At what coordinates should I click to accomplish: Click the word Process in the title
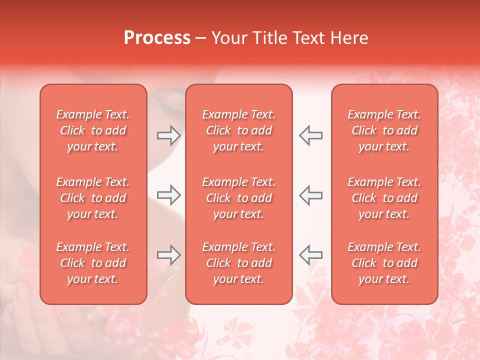point(157,38)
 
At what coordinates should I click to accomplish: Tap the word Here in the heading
point(349,38)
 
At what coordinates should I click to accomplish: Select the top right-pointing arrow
point(168,135)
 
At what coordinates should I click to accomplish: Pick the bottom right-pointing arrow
point(168,254)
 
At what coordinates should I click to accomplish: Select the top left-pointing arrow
point(310,135)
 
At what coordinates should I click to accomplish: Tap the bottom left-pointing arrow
point(310,254)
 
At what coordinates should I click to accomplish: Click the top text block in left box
point(93,130)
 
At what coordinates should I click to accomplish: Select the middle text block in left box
point(93,198)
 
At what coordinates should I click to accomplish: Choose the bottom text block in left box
point(93,263)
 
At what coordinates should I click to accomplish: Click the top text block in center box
point(238,130)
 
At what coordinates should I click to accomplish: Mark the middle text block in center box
point(238,198)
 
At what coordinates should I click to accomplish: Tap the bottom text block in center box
point(238,263)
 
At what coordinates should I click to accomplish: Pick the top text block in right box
point(384,130)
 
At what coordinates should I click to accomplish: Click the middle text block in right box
point(384,198)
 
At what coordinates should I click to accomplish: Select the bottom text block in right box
point(384,263)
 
